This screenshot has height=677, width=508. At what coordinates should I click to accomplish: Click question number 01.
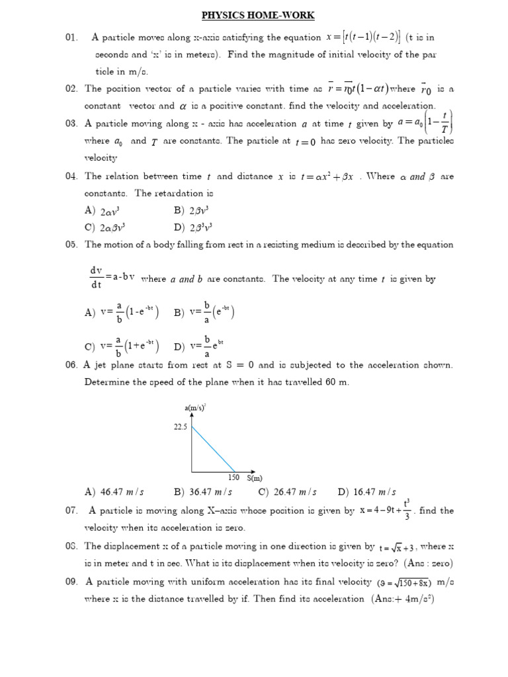pyautogui.click(x=72, y=38)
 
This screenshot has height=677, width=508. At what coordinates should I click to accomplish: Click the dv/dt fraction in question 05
pyautogui.click(x=96, y=277)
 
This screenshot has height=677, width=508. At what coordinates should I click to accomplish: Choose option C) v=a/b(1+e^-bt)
pyautogui.click(x=122, y=346)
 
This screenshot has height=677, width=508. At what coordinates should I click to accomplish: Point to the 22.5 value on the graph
pyautogui.click(x=180, y=428)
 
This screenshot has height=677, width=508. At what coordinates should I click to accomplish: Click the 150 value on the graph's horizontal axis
pyautogui.click(x=233, y=477)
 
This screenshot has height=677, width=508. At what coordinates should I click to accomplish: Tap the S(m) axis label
pyautogui.click(x=255, y=478)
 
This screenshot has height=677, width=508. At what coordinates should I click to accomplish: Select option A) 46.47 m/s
pyautogui.click(x=114, y=492)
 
